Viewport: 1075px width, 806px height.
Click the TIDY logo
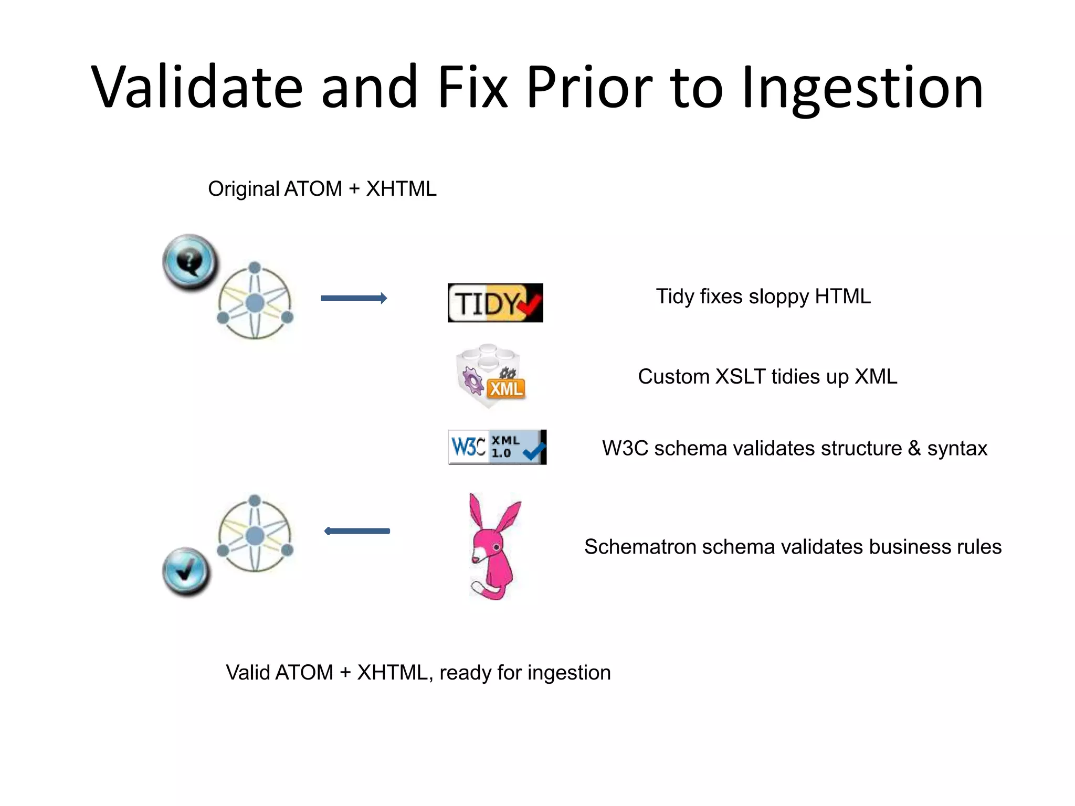coord(494,303)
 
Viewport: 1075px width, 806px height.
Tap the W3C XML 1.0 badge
coord(497,447)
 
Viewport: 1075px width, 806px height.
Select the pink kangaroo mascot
coord(494,546)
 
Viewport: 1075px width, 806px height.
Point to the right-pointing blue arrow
coord(354,298)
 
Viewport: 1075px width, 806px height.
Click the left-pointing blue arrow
coord(357,531)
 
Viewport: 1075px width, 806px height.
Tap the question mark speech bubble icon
coord(190,261)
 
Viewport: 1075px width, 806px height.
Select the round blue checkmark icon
coord(186,571)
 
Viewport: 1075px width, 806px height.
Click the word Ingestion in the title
coord(862,88)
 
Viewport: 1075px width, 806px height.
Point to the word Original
coord(243,189)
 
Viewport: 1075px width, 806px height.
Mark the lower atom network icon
coord(255,534)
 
